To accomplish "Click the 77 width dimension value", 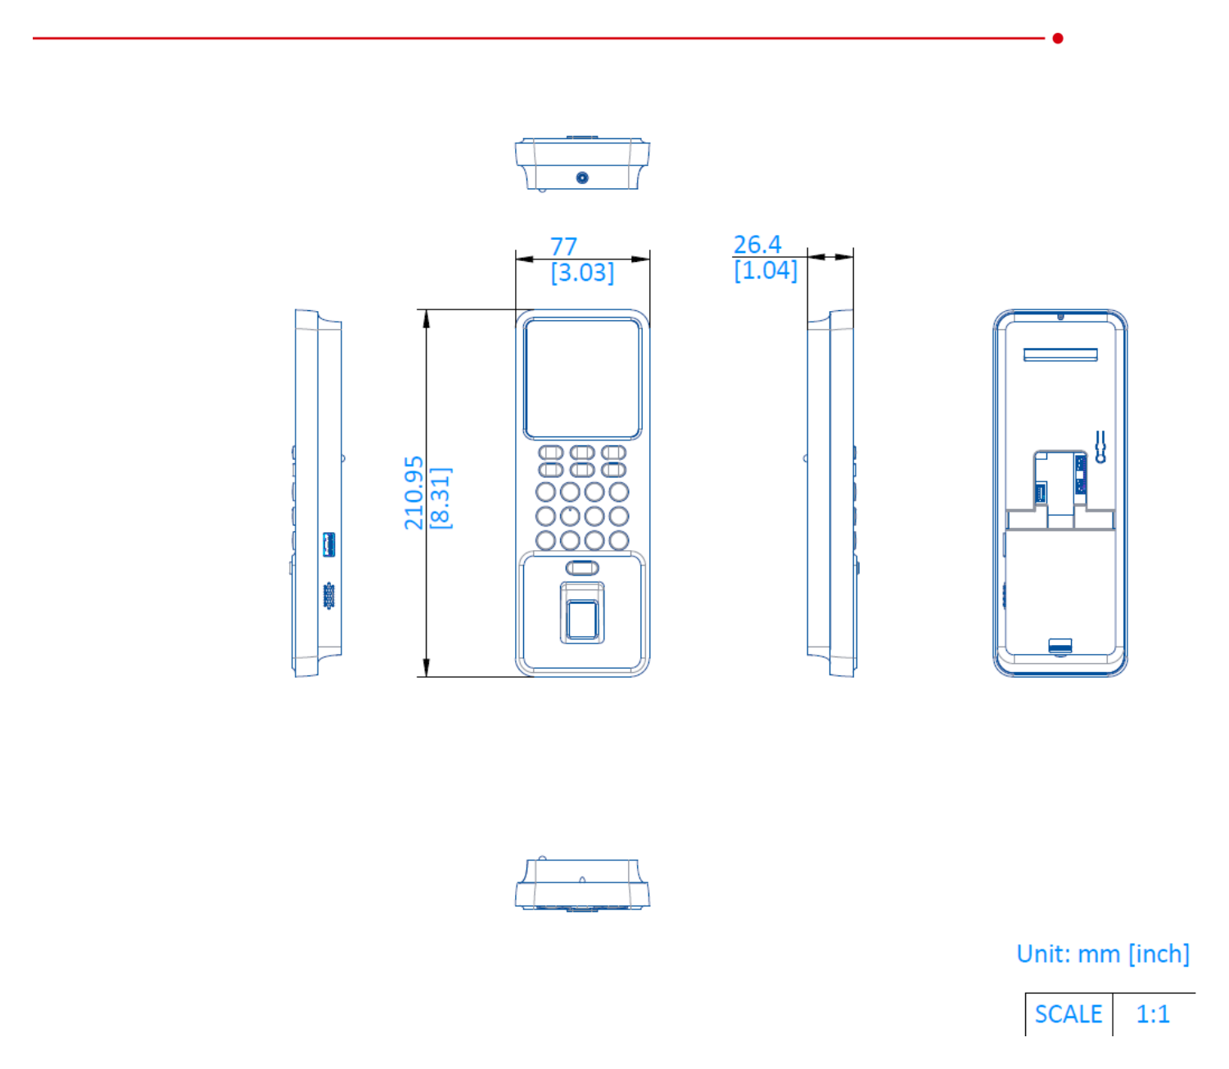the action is point(563,246).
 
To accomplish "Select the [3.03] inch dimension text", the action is point(582,272).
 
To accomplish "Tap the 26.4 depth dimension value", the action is point(757,244).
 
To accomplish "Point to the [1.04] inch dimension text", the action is point(766,269).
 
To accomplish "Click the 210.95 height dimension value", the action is point(413,493).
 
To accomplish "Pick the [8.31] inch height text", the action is point(441,498).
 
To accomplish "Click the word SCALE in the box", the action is point(1068,1013).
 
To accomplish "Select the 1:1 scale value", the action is point(1152,1013).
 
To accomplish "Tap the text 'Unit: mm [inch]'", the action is point(1102,954).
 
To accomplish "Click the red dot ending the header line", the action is point(1057,38).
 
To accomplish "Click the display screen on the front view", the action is point(582,378).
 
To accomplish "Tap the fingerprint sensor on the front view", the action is point(581,619).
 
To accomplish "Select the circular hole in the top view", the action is point(581,178).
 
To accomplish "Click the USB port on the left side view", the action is point(328,544).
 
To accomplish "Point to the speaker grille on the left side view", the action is point(328,596).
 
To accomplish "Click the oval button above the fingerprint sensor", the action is point(581,567).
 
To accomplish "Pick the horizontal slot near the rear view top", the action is point(1060,355).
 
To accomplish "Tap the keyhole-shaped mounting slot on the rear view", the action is point(1100,447).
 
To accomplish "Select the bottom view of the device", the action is point(581,883).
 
